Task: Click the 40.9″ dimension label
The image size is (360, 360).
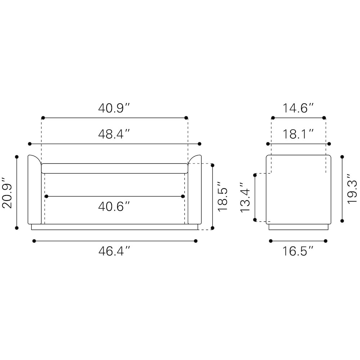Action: pos(114,108)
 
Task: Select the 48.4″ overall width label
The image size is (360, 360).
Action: pos(114,134)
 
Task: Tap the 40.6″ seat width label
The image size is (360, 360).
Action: pos(114,206)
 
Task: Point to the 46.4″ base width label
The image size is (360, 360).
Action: pos(114,251)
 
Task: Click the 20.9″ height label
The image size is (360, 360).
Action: pos(7,193)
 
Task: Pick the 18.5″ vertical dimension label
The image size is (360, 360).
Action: pos(222,196)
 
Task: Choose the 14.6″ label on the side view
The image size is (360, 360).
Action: pos(298,108)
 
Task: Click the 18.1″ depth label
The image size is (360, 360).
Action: pos(298,134)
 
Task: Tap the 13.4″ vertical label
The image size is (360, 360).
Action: pos(245,197)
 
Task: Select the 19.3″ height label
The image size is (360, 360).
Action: pos(352,188)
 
